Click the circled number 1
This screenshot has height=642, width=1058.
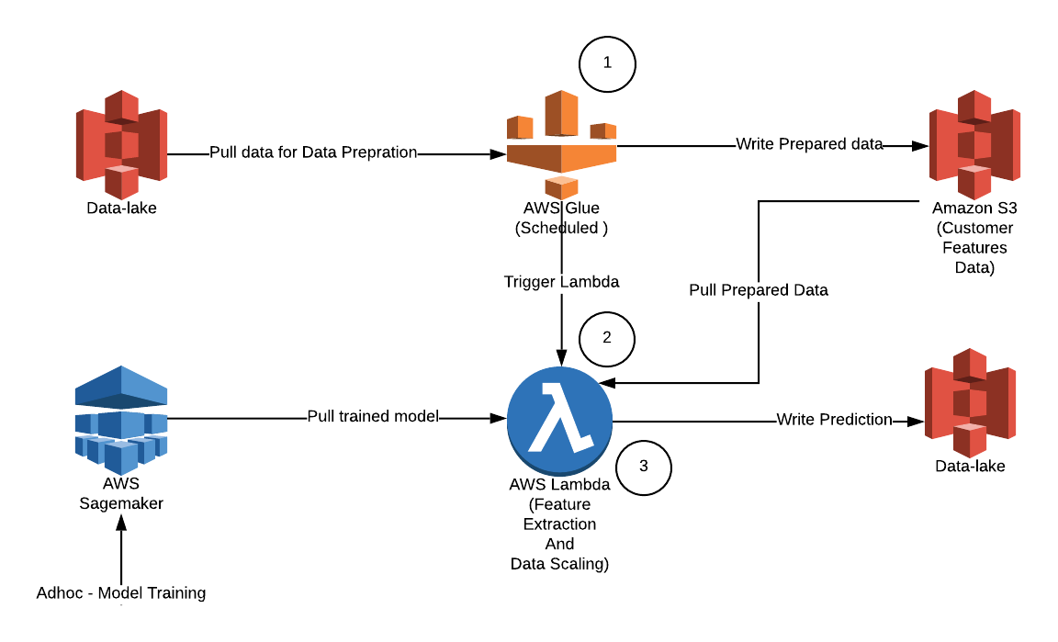coord(607,62)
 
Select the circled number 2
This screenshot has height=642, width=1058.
coord(607,337)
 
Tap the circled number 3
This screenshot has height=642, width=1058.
coord(643,466)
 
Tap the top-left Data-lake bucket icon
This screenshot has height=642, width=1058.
coord(121,144)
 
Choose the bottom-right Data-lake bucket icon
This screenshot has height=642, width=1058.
coord(970,402)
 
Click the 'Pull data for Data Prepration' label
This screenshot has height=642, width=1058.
coord(313,152)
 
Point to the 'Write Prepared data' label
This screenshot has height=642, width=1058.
coord(809,144)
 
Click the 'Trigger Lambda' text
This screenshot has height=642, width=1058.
coord(561,282)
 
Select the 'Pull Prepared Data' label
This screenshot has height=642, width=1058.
coord(759,290)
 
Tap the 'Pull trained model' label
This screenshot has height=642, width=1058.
coord(373,417)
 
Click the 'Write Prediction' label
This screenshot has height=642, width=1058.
coord(834,420)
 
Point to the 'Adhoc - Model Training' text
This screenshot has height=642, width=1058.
coord(121,592)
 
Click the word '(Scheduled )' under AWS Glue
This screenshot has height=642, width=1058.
coord(561,229)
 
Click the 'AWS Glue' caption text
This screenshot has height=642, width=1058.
coord(561,208)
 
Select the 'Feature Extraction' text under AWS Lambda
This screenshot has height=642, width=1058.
coord(559,514)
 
